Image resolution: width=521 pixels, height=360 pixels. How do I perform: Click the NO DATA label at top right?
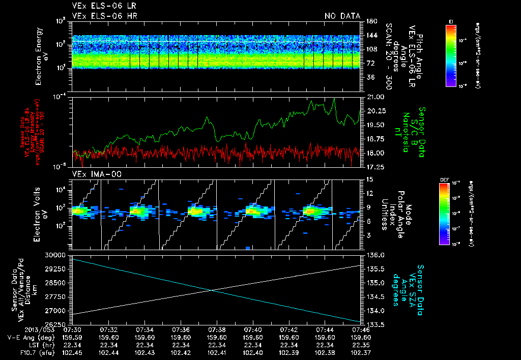342,16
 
